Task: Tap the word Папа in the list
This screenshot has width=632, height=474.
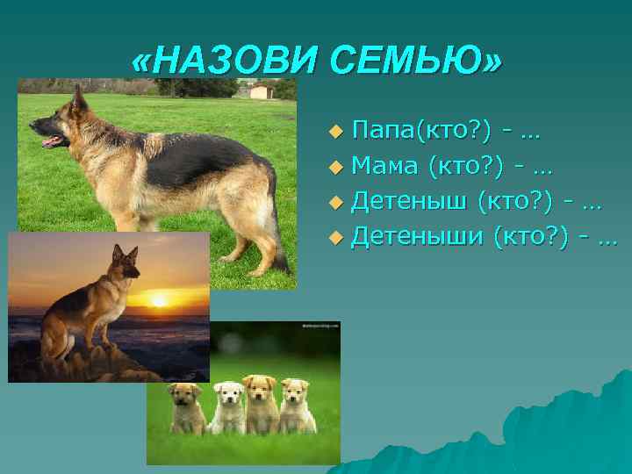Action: pos(383,132)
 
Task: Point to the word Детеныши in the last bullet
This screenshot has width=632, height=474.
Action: pos(418,234)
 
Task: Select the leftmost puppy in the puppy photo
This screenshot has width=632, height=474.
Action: pos(187,405)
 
